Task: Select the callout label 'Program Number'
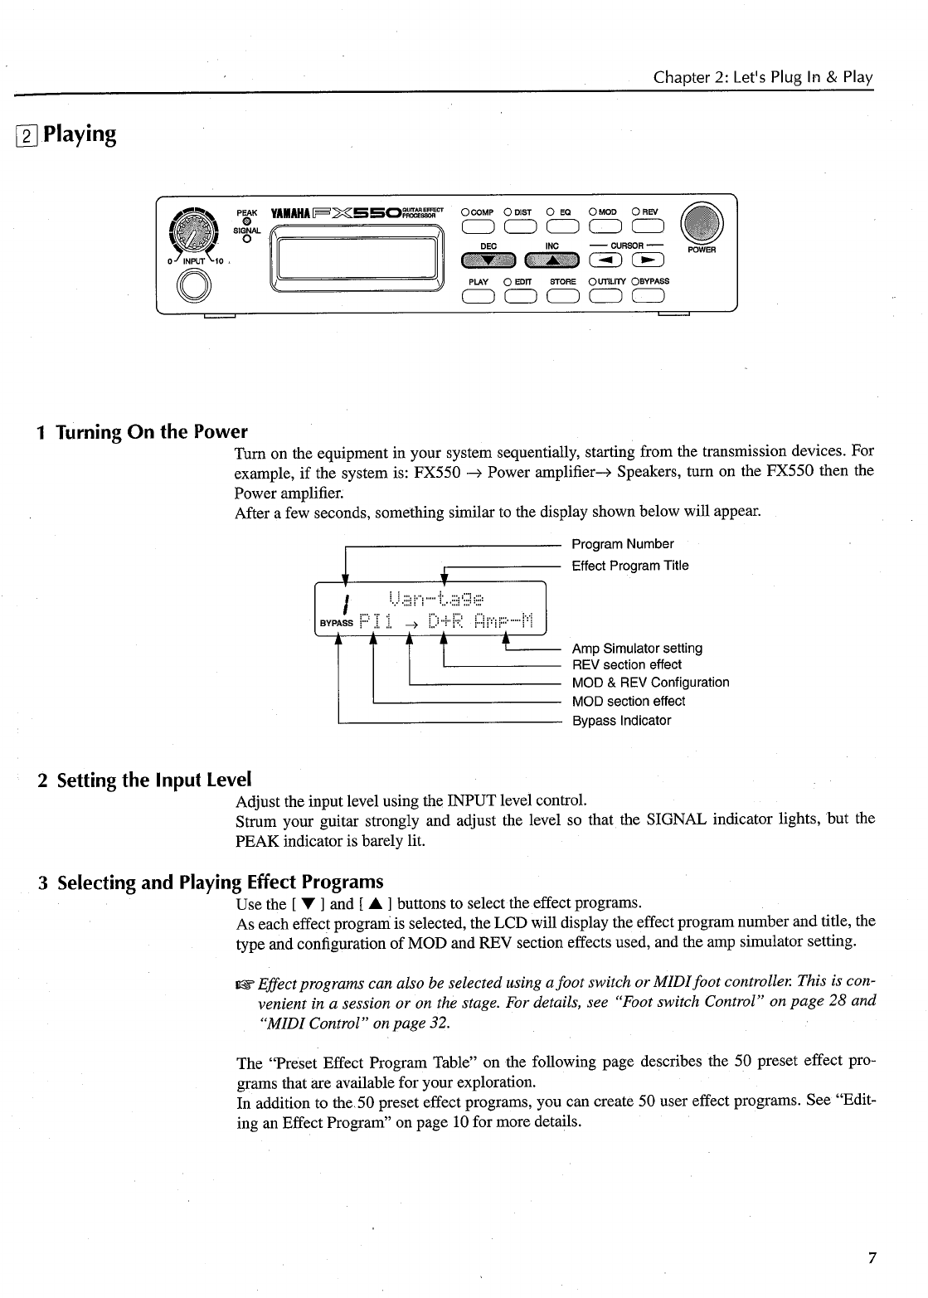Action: (x=623, y=544)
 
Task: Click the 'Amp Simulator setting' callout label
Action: (x=637, y=648)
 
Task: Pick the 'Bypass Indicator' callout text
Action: (x=621, y=721)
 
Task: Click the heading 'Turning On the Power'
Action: (x=153, y=431)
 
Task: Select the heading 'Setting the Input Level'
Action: (x=153, y=780)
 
